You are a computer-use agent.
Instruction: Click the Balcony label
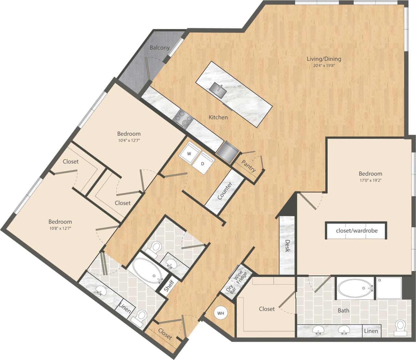(x=159, y=47)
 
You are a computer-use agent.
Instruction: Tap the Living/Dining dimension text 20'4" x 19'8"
(x=324, y=65)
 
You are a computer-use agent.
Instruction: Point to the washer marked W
(x=189, y=154)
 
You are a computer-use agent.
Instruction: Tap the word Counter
(x=225, y=191)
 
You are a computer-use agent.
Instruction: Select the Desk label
(x=287, y=246)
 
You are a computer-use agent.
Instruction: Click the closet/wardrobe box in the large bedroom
(x=357, y=231)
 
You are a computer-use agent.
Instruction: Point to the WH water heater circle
(x=221, y=313)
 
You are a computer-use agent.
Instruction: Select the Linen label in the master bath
(x=371, y=331)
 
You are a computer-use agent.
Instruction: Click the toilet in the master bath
(x=400, y=327)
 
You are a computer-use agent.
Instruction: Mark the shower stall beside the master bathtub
(x=389, y=288)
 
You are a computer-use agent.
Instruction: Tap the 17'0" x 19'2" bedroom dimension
(x=370, y=180)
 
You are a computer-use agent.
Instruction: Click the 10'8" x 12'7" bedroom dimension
(x=60, y=228)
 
